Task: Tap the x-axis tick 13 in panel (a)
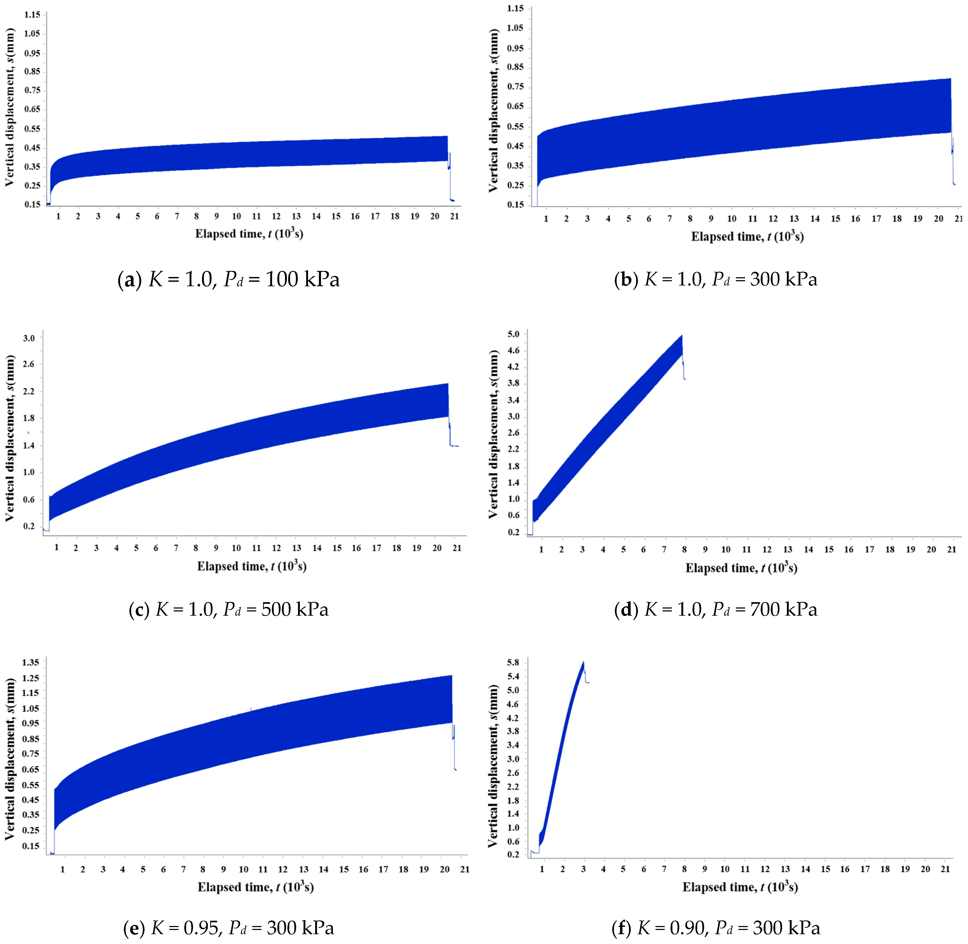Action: point(296,216)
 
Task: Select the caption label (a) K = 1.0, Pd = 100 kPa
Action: point(228,280)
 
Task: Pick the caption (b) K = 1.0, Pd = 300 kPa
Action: point(715,280)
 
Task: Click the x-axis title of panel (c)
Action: point(252,566)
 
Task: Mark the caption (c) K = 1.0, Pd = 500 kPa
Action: point(228,609)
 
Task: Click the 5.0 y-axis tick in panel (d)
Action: point(514,334)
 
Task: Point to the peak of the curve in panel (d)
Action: point(682,336)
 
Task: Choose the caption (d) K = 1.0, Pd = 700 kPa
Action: point(715,609)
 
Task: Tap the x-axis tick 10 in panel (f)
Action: point(725,869)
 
